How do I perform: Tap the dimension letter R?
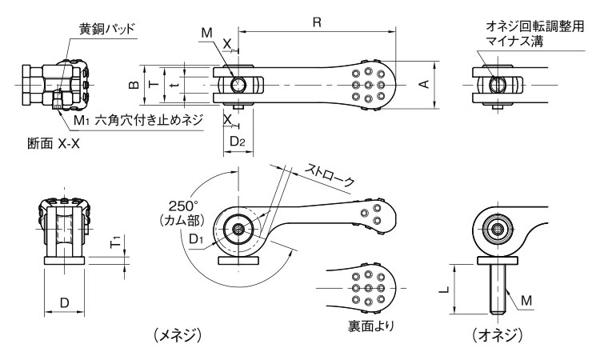tap(317, 23)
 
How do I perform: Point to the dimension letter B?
tap(135, 83)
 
